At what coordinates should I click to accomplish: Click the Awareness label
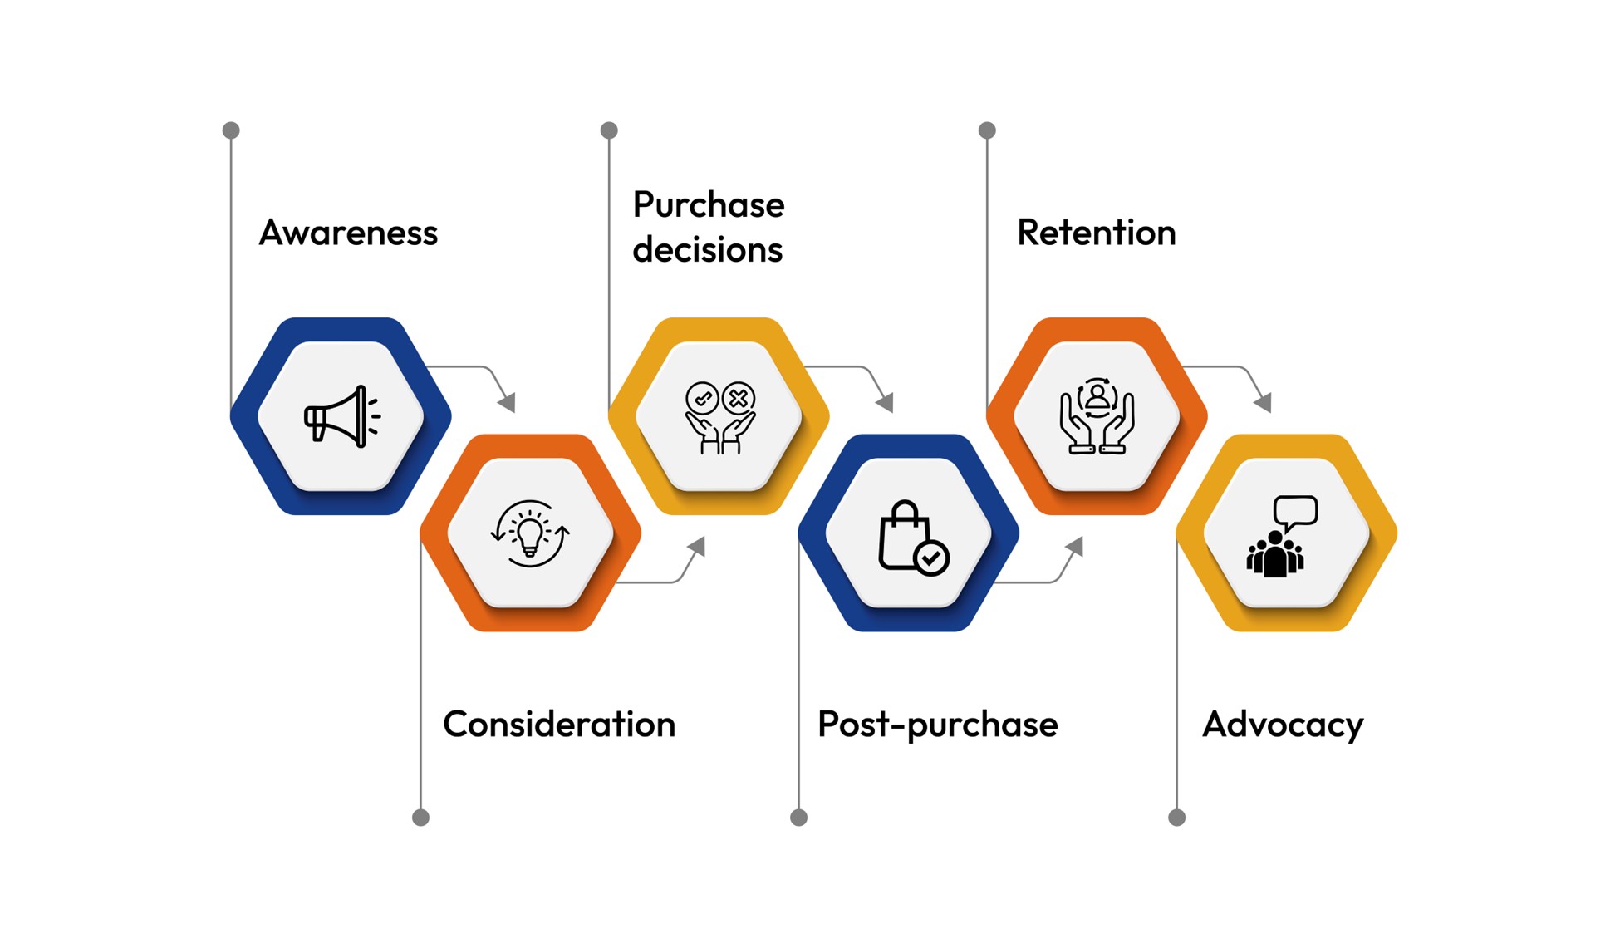pyautogui.click(x=348, y=233)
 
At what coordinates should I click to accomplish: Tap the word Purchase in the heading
pyautogui.click(x=708, y=204)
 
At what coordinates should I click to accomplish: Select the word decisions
pyautogui.click(x=707, y=250)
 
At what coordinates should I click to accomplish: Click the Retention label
pyautogui.click(x=1096, y=233)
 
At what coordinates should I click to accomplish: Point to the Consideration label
pyautogui.click(x=559, y=724)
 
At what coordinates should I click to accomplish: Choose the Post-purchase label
pyautogui.click(x=937, y=725)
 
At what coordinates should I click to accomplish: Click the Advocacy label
pyautogui.click(x=1282, y=725)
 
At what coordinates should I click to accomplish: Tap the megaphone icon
pyautogui.click(x=341, y=416)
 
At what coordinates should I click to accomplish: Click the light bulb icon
pyautogui.click(x=530, y=533)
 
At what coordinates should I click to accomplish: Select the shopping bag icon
pyautogui.click(x=903, y=538)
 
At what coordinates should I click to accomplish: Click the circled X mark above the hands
pyautogui.click(x=739, y=398)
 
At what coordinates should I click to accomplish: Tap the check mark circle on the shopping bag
pyautogui.click(x=931, y=558)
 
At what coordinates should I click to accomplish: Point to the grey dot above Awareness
pyautogui.click(x=231, y=130)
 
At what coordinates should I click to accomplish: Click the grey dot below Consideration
pyautogui.click(x=421, y=818)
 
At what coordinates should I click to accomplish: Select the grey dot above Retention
pyautogui.click(x=987, y=130)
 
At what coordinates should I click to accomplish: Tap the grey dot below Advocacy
pyautogui.click(x=1176, y=818)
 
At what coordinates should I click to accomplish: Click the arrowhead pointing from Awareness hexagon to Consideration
pyautogui.click(x=508, y=403)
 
